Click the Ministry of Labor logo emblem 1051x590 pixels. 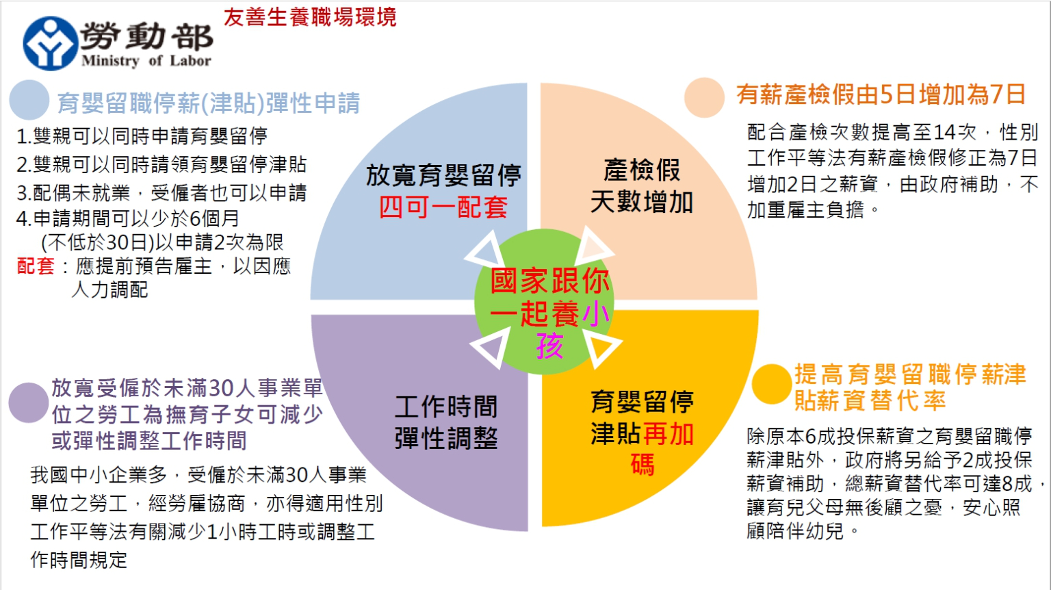[50, 43]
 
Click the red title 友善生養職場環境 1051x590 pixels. [310, 17]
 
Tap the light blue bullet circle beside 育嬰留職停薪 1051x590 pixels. [29, 100]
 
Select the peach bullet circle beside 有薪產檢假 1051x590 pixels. [704, 97]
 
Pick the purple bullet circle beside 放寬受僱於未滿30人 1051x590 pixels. [28, 402]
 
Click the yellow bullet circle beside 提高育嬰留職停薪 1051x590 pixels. [771, 384]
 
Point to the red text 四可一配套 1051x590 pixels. [443, 207]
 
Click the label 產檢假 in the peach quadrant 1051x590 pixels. [642, 170]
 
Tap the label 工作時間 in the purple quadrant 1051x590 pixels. [446, 407]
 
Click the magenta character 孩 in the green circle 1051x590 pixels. [549, 346]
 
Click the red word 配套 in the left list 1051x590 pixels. [35, 266]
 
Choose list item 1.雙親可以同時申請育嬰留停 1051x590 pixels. [142, 136]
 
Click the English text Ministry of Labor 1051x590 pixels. [146, 61]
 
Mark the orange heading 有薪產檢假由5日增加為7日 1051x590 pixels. [881, 94]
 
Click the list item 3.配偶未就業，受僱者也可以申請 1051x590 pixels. [161, 193]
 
